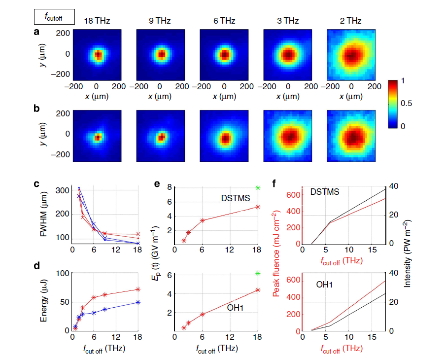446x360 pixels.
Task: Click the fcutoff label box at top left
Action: [54, 18]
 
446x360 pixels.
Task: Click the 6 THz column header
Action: [224, 21]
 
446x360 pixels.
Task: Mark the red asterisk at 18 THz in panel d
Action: [138, 289]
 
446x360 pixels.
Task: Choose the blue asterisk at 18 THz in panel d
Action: [138, 302]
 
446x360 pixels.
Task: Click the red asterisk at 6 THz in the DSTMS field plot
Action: [202, 220]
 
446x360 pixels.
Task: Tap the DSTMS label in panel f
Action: [325, 192]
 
